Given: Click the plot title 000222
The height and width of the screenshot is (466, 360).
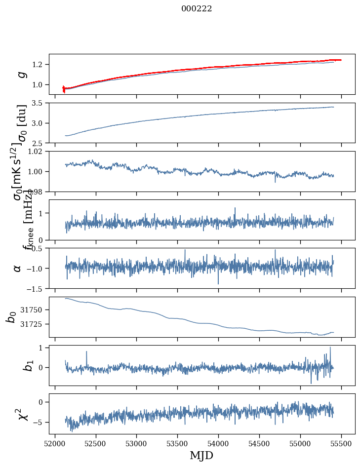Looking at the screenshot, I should (x=197, y=9).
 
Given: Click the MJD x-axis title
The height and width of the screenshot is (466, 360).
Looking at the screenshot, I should (x=201, y=455).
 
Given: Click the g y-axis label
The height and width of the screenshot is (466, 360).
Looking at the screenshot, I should (x=21, y=74).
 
